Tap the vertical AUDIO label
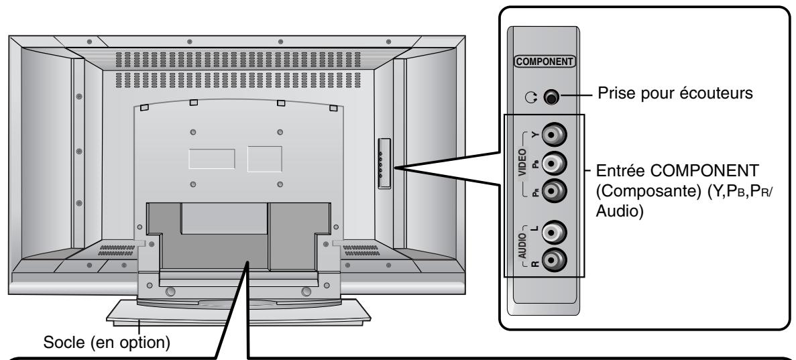point(524,245)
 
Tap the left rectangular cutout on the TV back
point(211,158)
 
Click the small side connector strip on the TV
point(383,164)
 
